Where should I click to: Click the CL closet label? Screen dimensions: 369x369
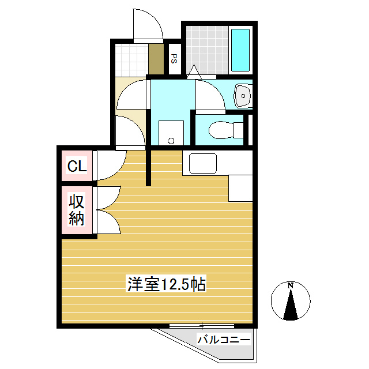(x=77, y=167)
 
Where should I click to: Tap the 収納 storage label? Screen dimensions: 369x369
(x=77, y=210)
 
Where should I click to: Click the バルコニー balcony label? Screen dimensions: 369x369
(x=224, y=339)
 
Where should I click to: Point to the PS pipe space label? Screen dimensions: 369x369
(x=174, y=58)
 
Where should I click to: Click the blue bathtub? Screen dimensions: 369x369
(x=239, y=50)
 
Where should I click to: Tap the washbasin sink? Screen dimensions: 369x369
(x=243, y=95)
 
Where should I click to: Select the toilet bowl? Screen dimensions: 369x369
(x=221, y=130)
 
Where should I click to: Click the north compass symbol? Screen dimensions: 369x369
(x=291, y=302)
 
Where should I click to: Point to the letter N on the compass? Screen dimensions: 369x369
(x=291, y=285)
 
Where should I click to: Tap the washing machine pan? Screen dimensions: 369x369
(x=171, y=134)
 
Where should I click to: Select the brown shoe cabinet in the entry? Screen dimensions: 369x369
(x=156, y=58)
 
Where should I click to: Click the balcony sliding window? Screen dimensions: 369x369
(x=202, y=326)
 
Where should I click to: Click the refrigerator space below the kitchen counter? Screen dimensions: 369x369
(x=241, y=187)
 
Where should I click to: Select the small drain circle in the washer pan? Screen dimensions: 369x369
(x=170, y=141)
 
